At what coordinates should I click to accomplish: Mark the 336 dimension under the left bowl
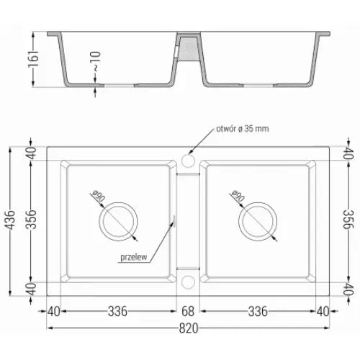click(x=117, y=311)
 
